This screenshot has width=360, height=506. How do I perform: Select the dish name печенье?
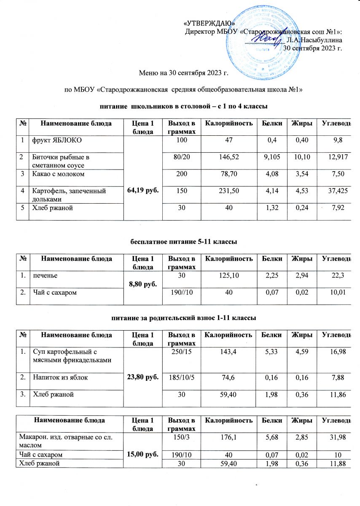46,275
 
